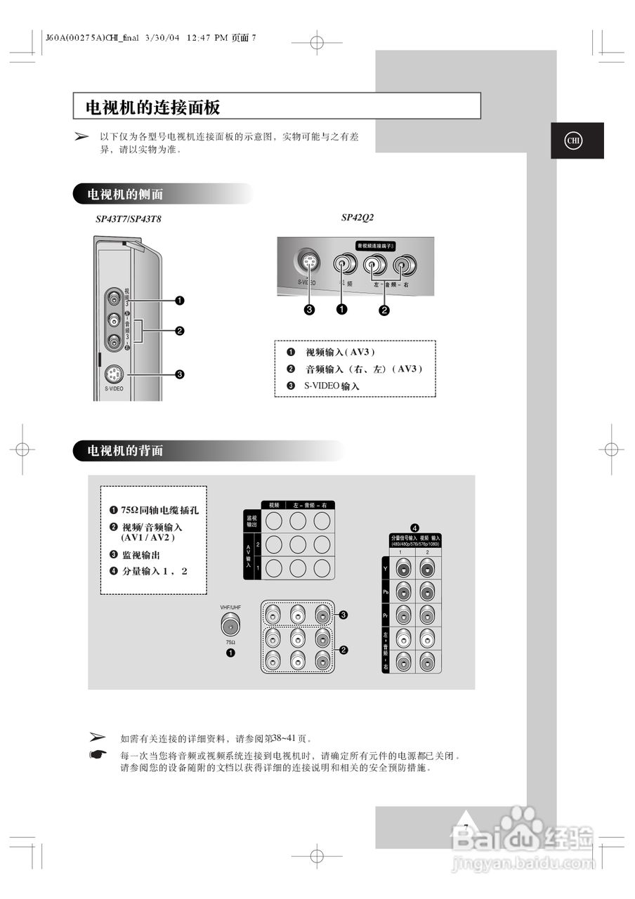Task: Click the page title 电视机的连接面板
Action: tap(152, 107)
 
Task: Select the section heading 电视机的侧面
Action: tap(125, 194)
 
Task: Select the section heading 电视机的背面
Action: tap(125, 451)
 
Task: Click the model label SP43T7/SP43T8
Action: tap(129, 219)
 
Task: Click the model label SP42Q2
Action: tap(357, 218)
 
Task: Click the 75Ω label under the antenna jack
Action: tap(230, 642)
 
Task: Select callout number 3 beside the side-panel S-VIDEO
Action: tap(180, 374)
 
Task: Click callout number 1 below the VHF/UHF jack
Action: tap(230, 653)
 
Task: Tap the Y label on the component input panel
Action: tap(386, 566)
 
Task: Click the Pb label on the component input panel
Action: tap(386, 592)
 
